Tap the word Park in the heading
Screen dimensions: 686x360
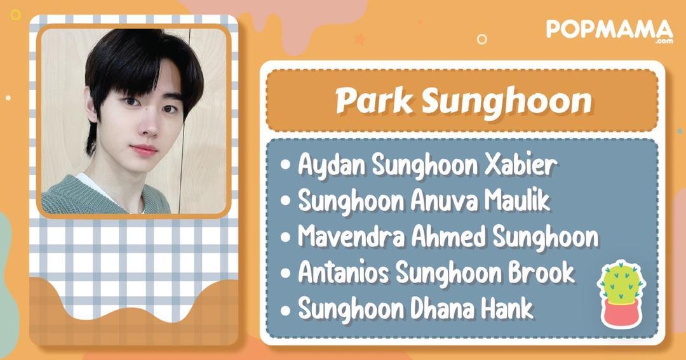coord(373,100)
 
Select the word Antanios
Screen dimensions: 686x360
coord(344,272)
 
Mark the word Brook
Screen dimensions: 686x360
coord(541,272)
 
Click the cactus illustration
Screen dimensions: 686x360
coord(621,283)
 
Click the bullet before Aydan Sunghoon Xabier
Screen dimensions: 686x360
coord(286,166)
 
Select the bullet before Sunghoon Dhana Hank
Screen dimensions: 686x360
coord(286,310)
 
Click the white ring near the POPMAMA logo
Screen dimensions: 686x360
coord(481,39)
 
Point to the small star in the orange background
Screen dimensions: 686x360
coord(360,39)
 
